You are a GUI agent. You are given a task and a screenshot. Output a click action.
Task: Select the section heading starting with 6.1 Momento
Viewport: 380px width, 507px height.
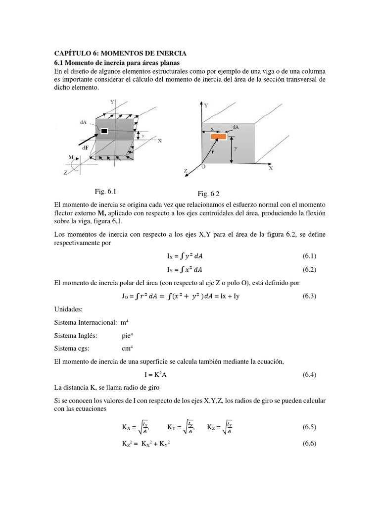click(x=116, y=63)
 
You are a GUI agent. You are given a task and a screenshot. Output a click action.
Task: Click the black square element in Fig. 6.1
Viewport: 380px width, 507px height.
click(x=104, y=131)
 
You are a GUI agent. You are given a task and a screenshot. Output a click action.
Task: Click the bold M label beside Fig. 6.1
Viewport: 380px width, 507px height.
click(x=70, y=156)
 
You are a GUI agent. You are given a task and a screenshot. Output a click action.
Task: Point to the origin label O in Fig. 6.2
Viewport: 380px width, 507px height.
click(x=203, y=168)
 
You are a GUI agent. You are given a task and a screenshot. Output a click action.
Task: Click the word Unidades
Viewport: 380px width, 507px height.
click(x=68, y=309)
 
